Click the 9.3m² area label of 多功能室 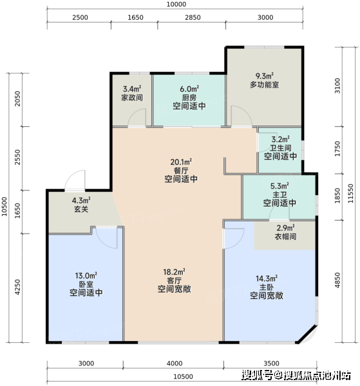coord(265,76)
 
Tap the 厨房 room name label coord(189,98)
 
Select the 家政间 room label coord(132,98)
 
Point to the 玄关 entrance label coord(81,209)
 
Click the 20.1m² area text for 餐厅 coord(181,162)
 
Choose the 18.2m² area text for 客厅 coord(174,272)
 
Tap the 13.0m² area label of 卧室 coord(86,276)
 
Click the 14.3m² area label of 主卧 coord(267,279)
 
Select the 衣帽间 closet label coord(285,237)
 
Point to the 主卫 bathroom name coord(279,195)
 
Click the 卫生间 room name coord(280,148)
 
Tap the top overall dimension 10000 coord(176,5)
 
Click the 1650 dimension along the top coord(135,17)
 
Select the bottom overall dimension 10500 coord(183,376)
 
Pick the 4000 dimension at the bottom coord(175,363)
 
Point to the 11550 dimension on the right coord(350,194)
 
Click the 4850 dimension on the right coord(337,280)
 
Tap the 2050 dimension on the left coord(17,98)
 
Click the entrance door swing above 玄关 coord(75,179)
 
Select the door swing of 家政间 coord(137,118)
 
